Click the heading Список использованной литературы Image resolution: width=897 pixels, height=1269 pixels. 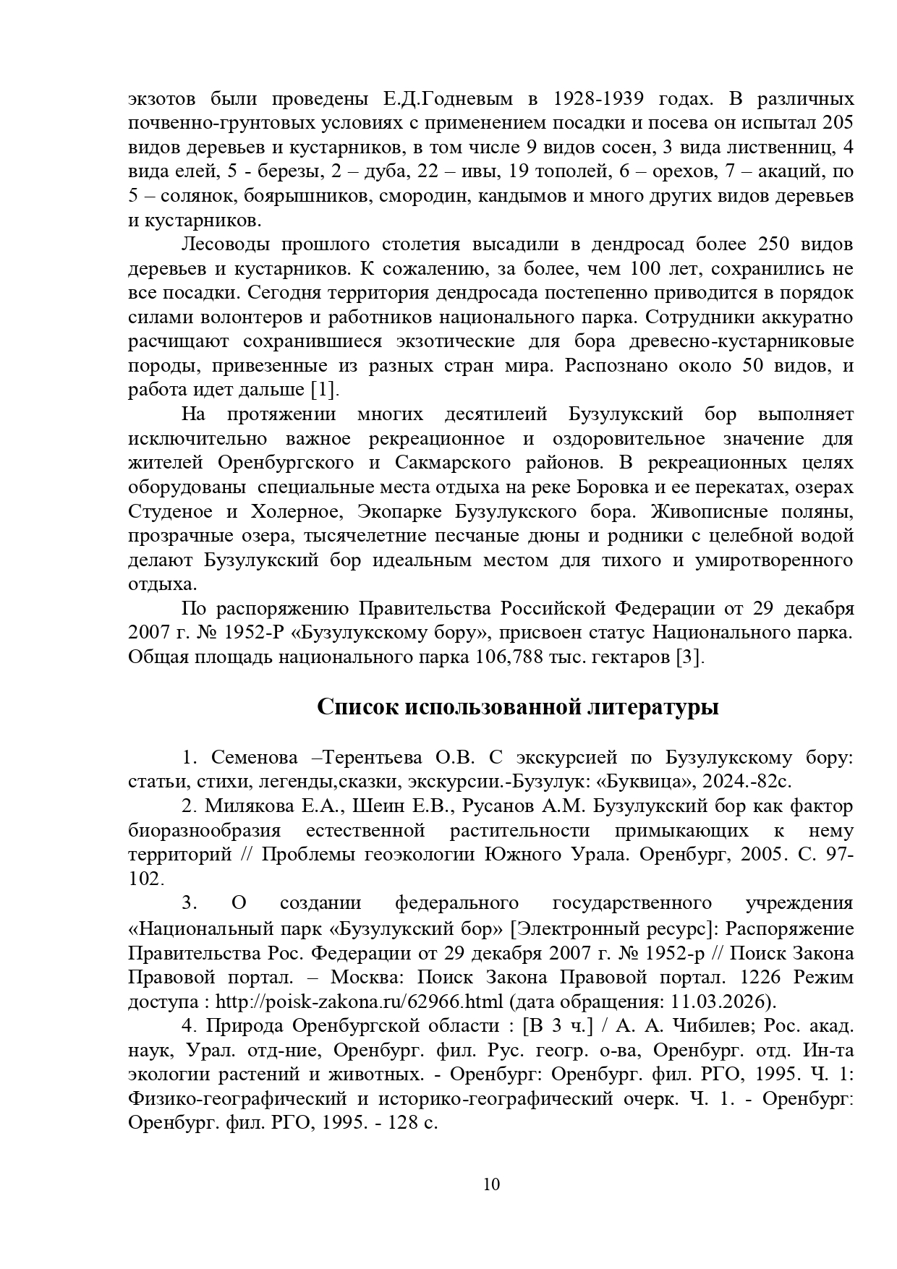pos(517,706)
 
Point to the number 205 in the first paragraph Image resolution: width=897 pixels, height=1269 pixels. pos(838,123)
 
